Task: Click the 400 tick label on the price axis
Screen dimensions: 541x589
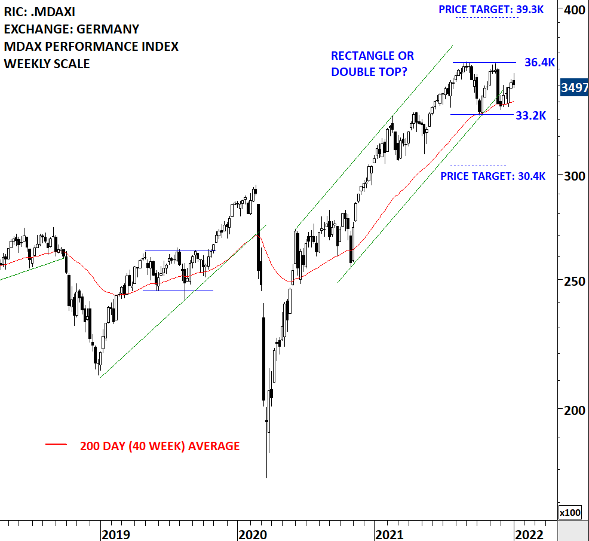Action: (573, 10)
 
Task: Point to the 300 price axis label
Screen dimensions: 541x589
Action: (573, 176)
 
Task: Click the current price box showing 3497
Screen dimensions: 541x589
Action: (574, 88)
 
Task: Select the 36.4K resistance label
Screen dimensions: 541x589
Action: (539, 62)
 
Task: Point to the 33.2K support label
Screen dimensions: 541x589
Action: (530, 115)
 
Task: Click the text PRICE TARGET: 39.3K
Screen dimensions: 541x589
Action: (491, 10)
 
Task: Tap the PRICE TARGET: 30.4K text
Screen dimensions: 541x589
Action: (493, 176)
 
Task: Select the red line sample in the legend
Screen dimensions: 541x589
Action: (56, 444)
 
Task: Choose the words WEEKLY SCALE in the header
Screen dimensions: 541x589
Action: (47, 63)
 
